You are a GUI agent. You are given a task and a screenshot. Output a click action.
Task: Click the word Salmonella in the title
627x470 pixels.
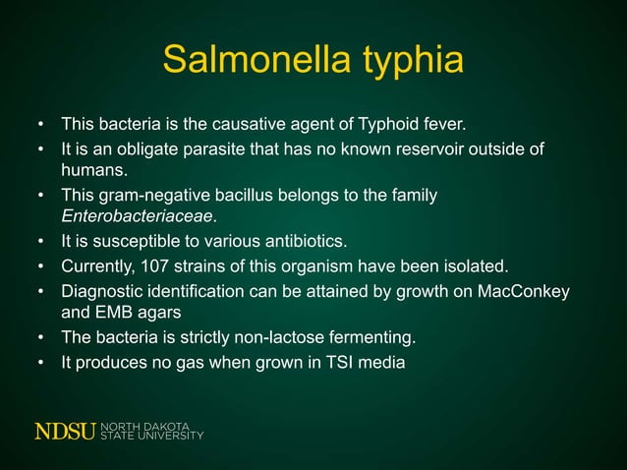247,61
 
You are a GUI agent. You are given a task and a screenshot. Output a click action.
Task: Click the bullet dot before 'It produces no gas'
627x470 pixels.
41,362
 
